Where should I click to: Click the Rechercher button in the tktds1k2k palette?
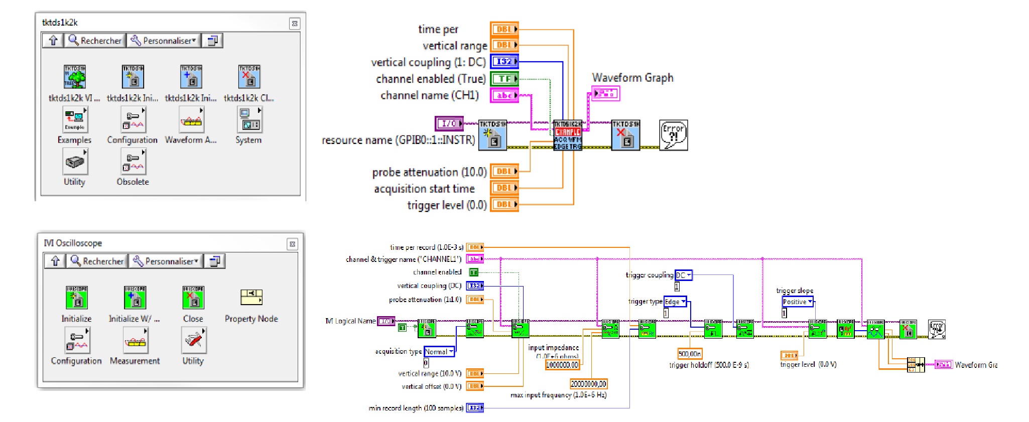pyautogui.click(x=95, y=41)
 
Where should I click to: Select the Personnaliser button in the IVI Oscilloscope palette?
pyautogui.click(x=166, y=261)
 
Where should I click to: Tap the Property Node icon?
pyautogui.click(x=251, y=298)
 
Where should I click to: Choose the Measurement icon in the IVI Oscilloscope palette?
pyautogui.click(x=136, y=341)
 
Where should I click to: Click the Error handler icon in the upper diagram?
pyautogui.click(x=673, y=135)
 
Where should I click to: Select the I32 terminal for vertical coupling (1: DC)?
pyautogui.click(x=504, y=62)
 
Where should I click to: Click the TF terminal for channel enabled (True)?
pyautogui.click(x=504, y=79)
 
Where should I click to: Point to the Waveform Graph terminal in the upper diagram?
pyautogui.click(x=606, y=93)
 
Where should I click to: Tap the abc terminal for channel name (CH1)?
pyautogui.click(x=504, y=95)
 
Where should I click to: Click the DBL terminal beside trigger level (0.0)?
pyautogui.click(x=504, y=204)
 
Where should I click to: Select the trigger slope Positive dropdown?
pyautogui.click(x=798, y=302)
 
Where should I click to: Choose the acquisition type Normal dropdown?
pyautogui.click(x=439, y=352)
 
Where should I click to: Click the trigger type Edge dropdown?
pyautogui.click(x=676, y=302)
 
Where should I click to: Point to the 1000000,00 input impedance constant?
pyautogui.click(x=562, y=365)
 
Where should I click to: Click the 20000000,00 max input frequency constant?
pyautogui.click(x=588, y=384)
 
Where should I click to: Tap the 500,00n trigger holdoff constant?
pyautogui.click(x=690, y=354)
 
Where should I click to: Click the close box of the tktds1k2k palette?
pyautogui.click(x=295, y=23)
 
